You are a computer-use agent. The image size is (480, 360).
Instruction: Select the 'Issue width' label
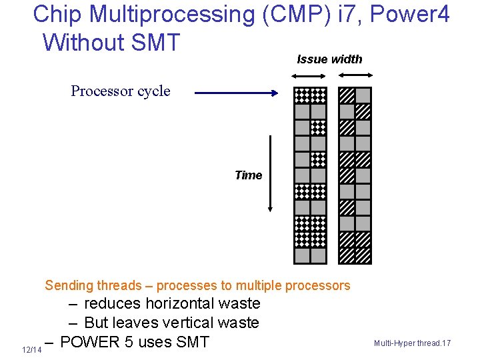click(329, 59)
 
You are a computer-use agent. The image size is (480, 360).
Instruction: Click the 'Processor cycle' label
click(121, 91)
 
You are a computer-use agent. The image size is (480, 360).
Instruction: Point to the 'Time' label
click(248, 175)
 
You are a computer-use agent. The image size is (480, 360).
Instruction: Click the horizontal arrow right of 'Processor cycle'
click(237, 95)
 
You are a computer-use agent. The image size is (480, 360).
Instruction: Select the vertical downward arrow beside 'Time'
click(271, 173)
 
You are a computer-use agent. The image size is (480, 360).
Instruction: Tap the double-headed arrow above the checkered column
click(310, 75)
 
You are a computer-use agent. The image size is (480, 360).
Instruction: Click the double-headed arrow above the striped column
click(355, 75)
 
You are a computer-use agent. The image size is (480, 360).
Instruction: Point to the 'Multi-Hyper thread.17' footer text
click(412, 343)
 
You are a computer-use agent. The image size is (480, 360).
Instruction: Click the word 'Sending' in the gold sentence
click(69, 286)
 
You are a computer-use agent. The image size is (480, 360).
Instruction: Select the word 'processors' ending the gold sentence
click(317, 286)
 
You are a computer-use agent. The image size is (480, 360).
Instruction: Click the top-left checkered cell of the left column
click(303, 95)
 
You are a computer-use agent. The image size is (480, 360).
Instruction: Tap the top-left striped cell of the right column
click(347, 95)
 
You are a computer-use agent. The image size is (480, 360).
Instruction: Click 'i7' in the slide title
click(347, 13)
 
